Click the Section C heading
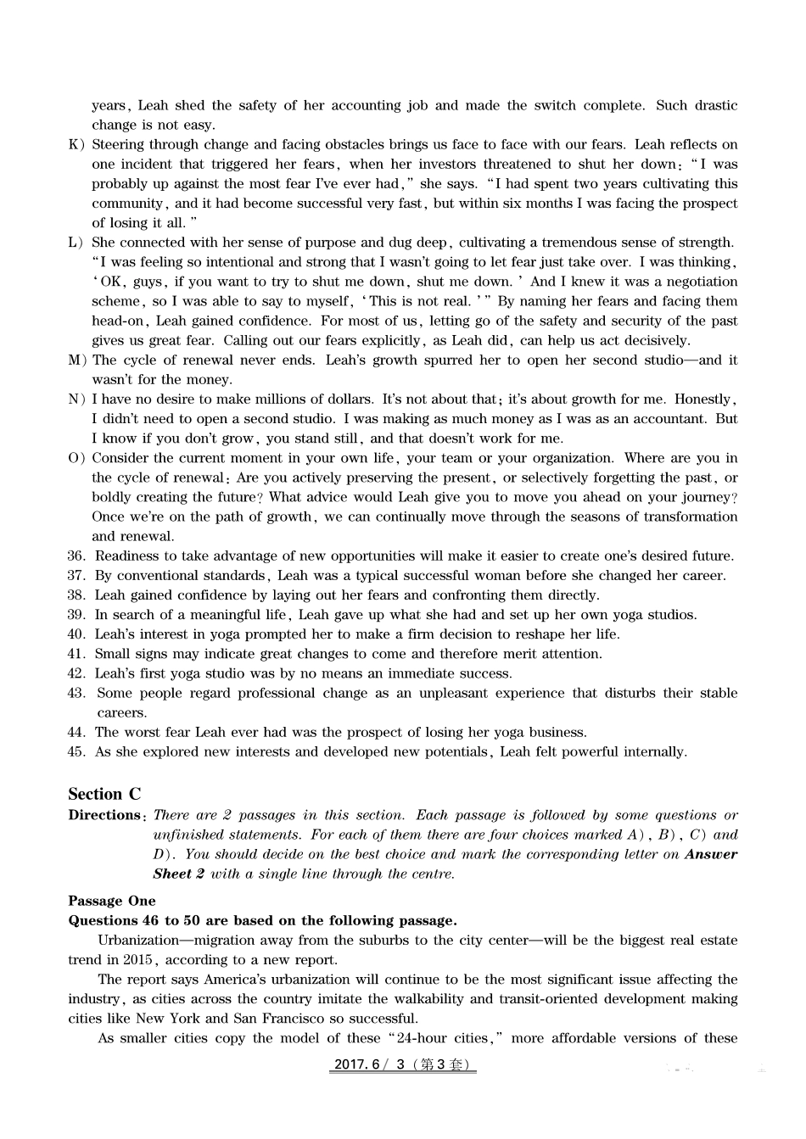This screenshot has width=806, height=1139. coord(104,795)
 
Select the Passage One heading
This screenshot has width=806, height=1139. coord(112,901)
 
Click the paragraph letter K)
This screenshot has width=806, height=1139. coord(76,144)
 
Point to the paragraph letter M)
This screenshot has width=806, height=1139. coord(76,360)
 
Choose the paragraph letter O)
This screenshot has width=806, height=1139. coord(76,458)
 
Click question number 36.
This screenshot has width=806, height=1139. coord(76,556)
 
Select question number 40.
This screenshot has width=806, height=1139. coord(76,634)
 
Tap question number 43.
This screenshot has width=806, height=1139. coord(76,693)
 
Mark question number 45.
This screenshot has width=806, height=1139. coord(76,751)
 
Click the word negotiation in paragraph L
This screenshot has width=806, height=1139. coord(695,282)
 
